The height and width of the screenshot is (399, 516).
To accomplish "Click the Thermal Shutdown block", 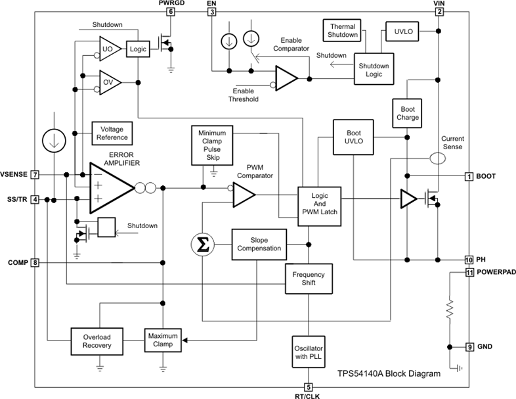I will click(x=342, y=30).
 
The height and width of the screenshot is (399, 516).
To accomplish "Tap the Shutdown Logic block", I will click(x=374, y=69).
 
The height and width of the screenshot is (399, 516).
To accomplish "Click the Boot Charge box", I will click(x=407, y=113).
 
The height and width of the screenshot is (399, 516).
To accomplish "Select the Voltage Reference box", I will click(x=112, y=134).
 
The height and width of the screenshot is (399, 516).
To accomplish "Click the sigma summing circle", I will click(x=202, y=245).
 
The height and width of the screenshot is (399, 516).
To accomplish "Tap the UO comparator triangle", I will click(x=108, y=48).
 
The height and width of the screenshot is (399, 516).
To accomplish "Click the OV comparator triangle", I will click(x=108, y=82).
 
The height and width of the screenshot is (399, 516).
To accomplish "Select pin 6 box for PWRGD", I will click(x=171, y=12).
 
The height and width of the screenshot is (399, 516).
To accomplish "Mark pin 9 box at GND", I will click(x=469, y=346).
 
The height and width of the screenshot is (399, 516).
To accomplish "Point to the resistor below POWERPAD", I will click(x=450, y=309).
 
